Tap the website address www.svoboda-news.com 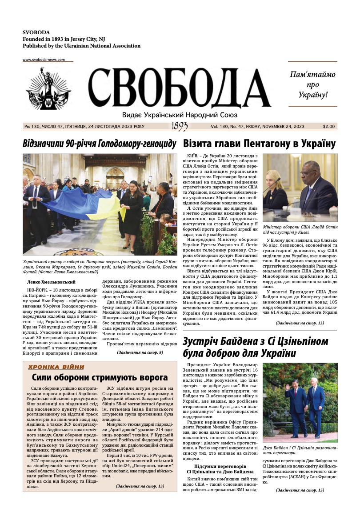(x=44, y=60)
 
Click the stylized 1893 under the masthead (x=179, y=127)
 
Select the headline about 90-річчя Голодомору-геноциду (x=100, y=144)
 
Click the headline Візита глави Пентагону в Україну (x=259, y=144)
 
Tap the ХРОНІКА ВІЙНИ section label (x=56, y=367)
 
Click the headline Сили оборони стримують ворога (x=100, y=378)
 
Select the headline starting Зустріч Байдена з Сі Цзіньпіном (x=256, y=348)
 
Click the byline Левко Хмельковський (x=52, y=282)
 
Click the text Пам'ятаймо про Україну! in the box (x=312, y=84)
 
